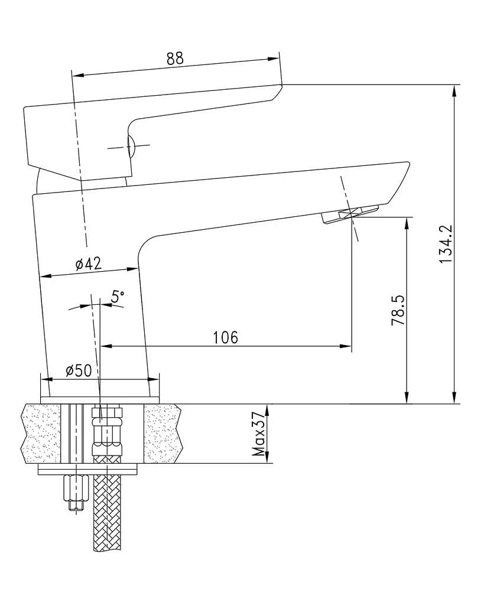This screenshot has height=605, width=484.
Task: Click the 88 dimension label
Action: [176, 58]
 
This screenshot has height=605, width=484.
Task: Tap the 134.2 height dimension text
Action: [446, 244]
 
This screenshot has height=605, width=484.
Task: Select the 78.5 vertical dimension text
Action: [398, 310]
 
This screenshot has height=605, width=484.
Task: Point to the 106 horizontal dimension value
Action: [226, 337]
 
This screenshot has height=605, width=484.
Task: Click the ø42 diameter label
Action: [89, 264]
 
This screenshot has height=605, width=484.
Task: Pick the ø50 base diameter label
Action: [79, 371]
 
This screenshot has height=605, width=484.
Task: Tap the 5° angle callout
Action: [118, 297]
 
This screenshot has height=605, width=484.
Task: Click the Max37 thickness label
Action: [259, 434]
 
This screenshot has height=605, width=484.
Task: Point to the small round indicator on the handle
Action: [131, 147]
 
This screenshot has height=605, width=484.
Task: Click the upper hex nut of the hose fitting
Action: [107, 414]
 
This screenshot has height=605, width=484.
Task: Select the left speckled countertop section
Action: [41, 433]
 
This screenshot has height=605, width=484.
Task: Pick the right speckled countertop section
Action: [162, 433]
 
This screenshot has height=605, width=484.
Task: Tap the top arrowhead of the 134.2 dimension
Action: [456, 90]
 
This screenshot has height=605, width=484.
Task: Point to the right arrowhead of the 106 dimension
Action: [346, 346]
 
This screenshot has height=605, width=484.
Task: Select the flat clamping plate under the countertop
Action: [88, 470]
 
